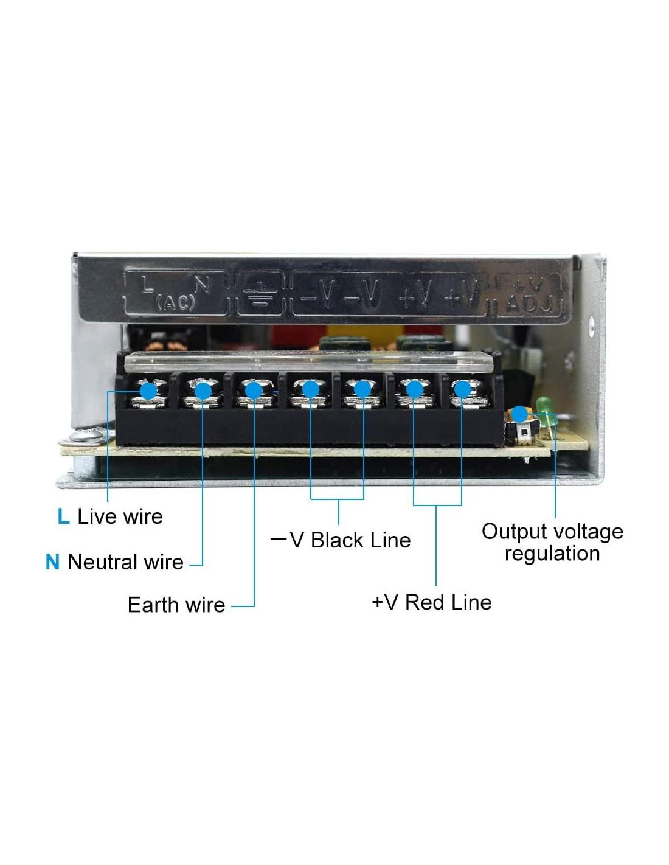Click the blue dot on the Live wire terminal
pos(148,391)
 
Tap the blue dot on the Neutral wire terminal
pos(203,391)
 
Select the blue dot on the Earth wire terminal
pos(254,391)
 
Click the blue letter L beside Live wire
pos(63,516)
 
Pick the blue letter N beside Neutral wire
pos(52,562)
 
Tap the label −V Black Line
pos(341,541)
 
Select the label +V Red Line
pos(432,602)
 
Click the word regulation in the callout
pos(552,554)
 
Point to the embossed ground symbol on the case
pos(260,296)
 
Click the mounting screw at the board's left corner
pos(85,434)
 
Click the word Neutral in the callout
pos(103,562)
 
